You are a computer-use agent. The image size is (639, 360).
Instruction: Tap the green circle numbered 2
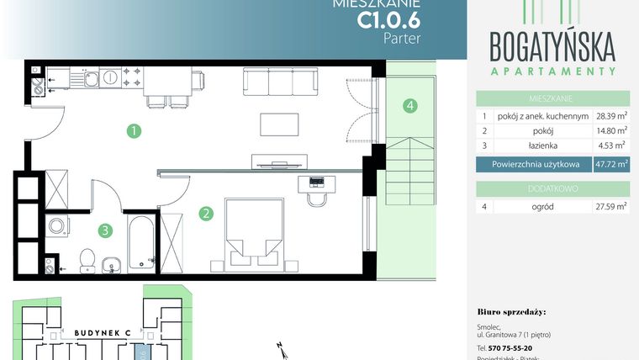point(205,214)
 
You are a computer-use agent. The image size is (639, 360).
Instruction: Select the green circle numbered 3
point(103,229)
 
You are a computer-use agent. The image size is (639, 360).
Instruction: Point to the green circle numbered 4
point(409,106)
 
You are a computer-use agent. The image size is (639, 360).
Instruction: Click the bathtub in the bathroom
point(140,243)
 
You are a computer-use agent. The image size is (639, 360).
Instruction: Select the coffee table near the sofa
point(280,124)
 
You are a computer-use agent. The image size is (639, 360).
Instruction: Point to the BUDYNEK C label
point(99,332)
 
